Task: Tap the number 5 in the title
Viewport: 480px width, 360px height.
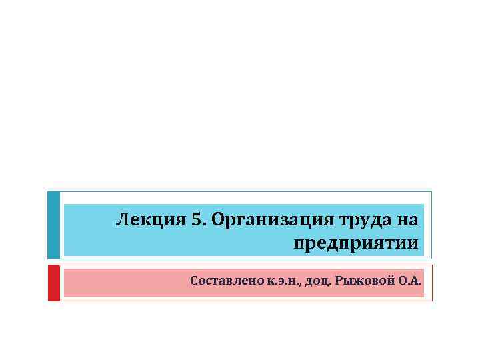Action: click(x=195, y=219)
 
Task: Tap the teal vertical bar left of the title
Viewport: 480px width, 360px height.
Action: click(x=53, y=225)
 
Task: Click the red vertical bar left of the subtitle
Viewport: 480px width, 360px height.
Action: click(x=53, y=283)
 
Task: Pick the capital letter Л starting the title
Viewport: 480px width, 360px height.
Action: click(x=122, y=219)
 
